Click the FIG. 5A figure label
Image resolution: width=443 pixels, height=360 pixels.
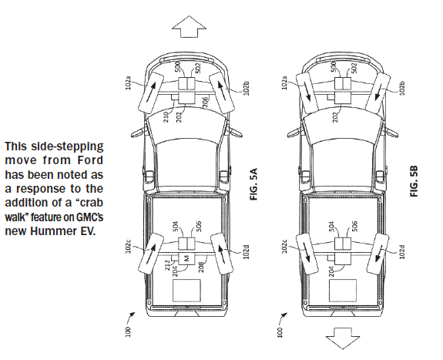pos(254,184)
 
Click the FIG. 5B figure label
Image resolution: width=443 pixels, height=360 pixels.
pos(414,181)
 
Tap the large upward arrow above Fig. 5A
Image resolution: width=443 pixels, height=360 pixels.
pos(189,26)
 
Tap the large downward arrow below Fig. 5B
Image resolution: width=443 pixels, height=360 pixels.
pos(343,338)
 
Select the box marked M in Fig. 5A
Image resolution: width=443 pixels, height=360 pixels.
pos(186,258)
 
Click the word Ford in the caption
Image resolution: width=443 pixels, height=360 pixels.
pos(90,160)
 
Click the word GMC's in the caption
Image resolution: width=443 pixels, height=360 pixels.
pos(89,217)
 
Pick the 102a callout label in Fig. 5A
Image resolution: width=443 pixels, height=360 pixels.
pos(128,82)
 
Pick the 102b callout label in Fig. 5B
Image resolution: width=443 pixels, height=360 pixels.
pos(402,88)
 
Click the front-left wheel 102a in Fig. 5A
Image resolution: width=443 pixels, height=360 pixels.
pos(151,93)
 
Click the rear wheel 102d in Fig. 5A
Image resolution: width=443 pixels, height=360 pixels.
pos(222,254)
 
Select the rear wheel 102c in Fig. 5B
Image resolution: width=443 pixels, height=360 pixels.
pos(307,254)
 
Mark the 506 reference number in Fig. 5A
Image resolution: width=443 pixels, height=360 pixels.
pos(199,226)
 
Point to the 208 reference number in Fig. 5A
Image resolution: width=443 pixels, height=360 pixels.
pos(201,267)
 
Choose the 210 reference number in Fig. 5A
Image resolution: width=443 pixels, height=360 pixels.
pos(166,117)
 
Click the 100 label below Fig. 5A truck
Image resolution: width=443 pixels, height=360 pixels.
pos(128,331)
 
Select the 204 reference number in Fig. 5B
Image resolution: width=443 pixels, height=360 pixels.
pos(332,271)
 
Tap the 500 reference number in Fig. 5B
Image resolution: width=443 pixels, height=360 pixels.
pos(334,67)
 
